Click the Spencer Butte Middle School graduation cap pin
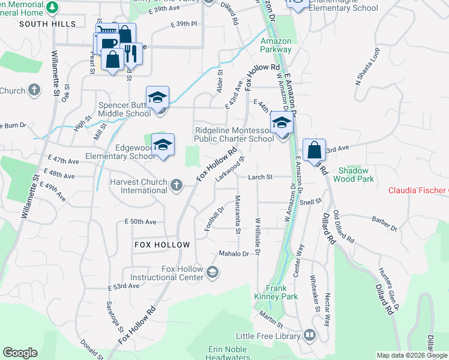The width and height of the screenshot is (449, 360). coord(158,97)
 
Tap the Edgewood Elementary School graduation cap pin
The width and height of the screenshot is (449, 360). coord(163,145)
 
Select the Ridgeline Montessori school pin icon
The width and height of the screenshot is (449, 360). coord(281,122)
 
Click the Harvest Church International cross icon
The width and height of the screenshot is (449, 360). coord(176,185)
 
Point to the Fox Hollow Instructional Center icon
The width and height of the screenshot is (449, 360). coord(211,273)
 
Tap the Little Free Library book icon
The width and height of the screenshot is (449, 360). coord(310,334)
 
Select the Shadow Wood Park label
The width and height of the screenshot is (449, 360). coord(357,175)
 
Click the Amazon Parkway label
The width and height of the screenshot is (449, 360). coord(276,45)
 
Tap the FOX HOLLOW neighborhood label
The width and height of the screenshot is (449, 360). coord(162,245)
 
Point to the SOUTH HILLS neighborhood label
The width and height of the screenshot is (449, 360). coord(47,24)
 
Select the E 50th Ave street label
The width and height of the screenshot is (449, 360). coord(140,222)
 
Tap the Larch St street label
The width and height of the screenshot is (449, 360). coord(261,177)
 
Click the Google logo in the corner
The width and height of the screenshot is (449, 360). coord(20,353)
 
